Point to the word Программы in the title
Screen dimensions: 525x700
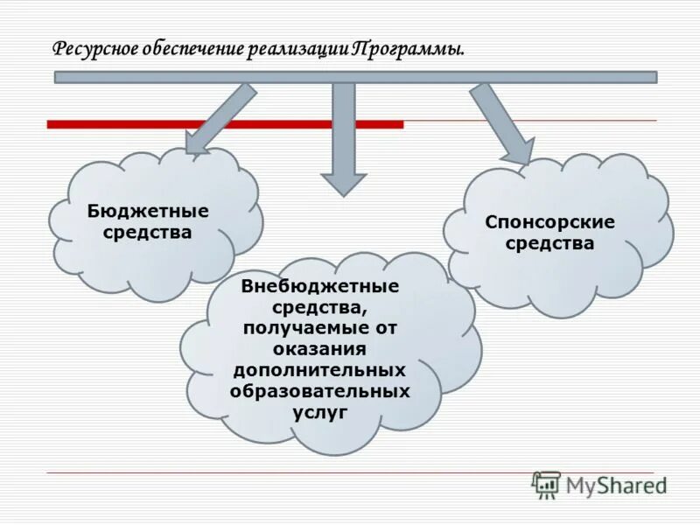point(407,48)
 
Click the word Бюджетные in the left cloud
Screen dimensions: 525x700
point(148,212)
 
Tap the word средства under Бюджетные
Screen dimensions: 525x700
point(148,233)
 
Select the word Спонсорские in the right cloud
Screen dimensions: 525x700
point(549,222)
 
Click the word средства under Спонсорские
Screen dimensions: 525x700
point(549,243)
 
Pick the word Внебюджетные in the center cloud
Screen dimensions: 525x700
point(320,287)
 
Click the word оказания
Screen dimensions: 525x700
point(320,349)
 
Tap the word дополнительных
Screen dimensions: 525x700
point(320,370)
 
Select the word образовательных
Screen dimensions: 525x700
point(320,391)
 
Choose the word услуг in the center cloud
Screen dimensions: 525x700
point(320,411)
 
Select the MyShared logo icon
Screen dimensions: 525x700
point(546,484)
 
